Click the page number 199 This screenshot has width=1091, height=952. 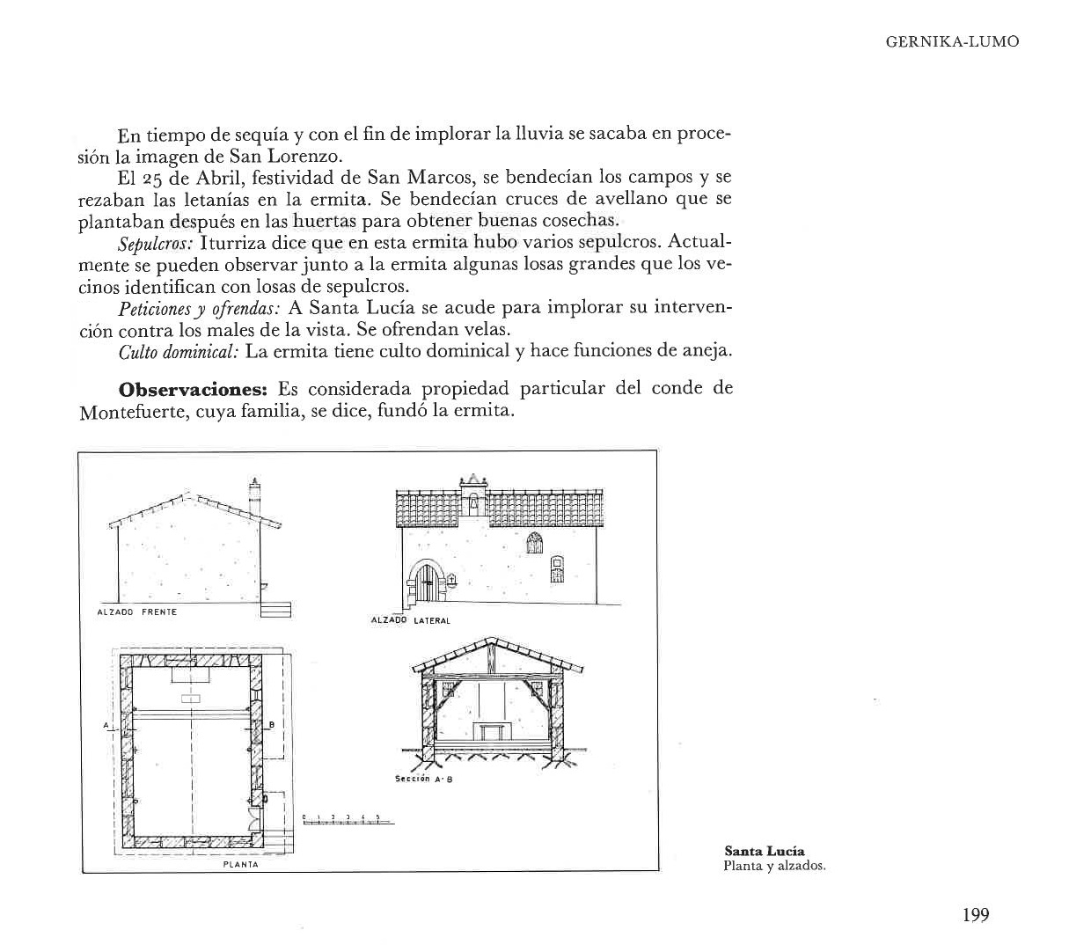coord(976,915)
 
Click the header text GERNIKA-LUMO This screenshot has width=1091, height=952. coord(952,42)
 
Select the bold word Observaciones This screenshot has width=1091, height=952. coord(193,390)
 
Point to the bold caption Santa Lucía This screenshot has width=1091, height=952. coord(764,851)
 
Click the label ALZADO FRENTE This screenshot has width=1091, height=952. coord(136,611)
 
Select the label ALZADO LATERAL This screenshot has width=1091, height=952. coord(411,620)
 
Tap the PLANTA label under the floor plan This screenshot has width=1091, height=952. coord(241,864)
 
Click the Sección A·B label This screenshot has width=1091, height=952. coord(423,779)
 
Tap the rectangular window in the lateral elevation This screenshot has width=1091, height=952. coord(556,569)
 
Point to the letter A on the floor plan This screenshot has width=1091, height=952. coord(105,724)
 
